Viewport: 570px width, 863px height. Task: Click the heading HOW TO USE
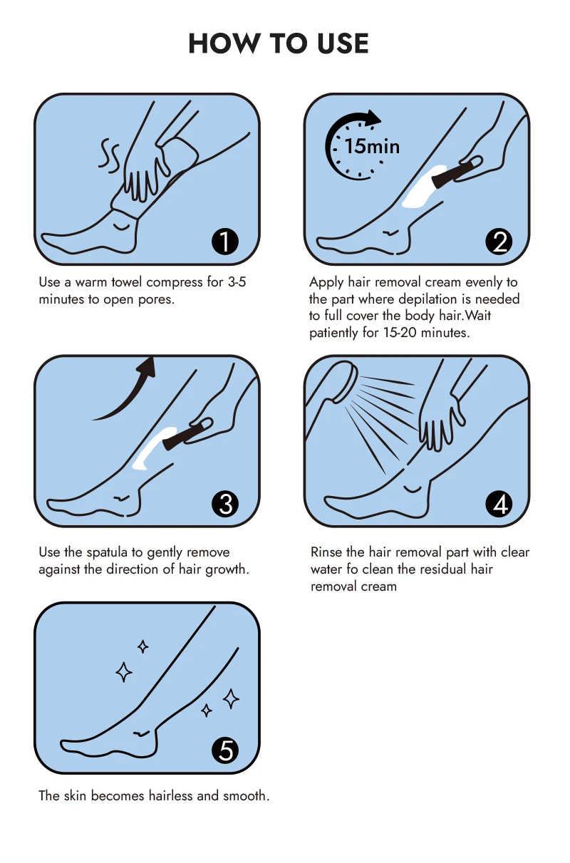[279, 43]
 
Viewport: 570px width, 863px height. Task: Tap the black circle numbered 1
[225, 242]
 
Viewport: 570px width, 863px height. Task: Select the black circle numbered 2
[499, 242]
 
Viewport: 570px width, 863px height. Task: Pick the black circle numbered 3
[225, 504]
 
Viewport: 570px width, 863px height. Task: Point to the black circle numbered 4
[499, 504]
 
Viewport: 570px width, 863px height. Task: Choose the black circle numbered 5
[225, 750]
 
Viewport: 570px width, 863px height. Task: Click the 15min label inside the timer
[372, 147]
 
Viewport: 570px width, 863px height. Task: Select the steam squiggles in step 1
[108, 154]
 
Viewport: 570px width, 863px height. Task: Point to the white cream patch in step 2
[424, 187]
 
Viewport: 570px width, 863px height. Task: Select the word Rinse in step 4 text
[326, 552]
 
